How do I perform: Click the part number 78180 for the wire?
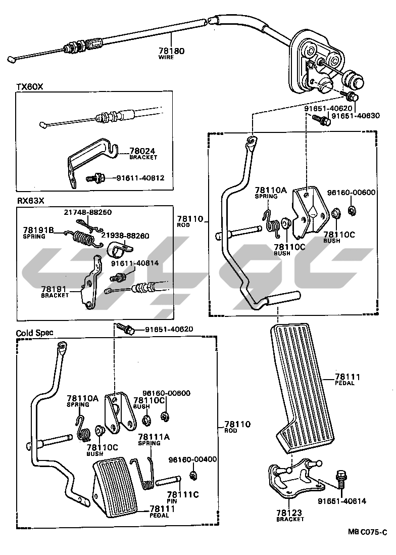[x=172, y=51]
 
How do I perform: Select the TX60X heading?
[x=30, y=87]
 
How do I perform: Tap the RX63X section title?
[x=31, y=201]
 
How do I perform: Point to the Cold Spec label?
[x=35, y=333]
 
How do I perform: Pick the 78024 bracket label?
[x=143, y=151]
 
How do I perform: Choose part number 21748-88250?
[x=87, y=213]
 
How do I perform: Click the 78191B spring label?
[x=38, y=229]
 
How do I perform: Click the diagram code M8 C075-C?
[x=367, y=532]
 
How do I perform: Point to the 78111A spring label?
[x=149, y=438]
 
